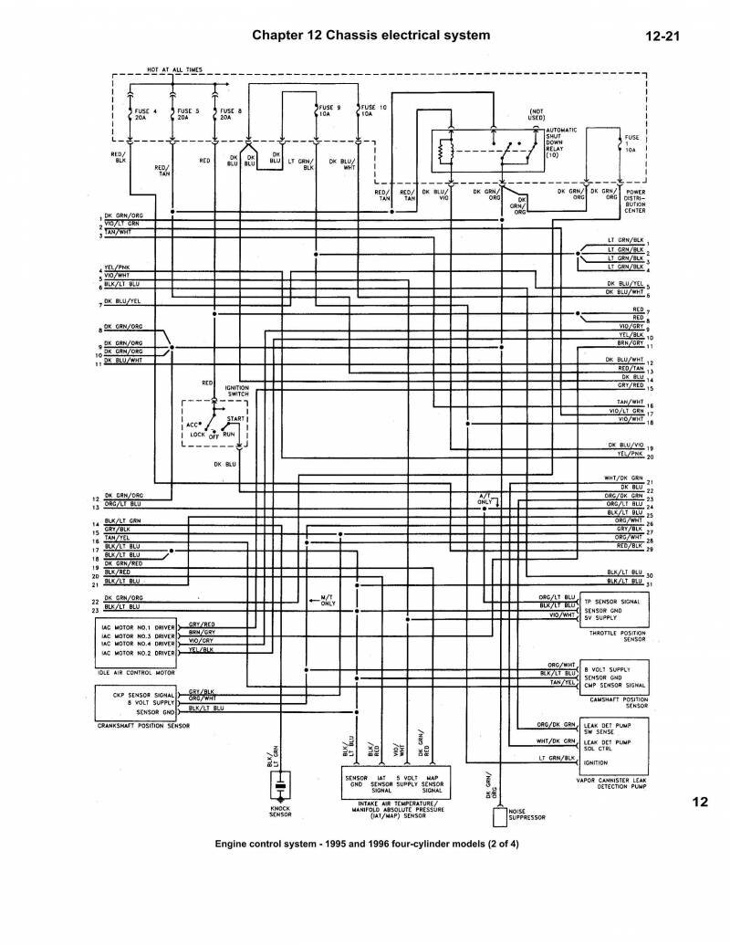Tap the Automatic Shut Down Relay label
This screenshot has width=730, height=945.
coord(559,142)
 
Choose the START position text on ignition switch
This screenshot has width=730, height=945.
coord(235,418)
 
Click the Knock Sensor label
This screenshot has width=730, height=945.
coord(280,811)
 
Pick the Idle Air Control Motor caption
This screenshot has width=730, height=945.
coord(135,673)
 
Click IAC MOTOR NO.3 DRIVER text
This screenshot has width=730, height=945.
coord(137,636)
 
